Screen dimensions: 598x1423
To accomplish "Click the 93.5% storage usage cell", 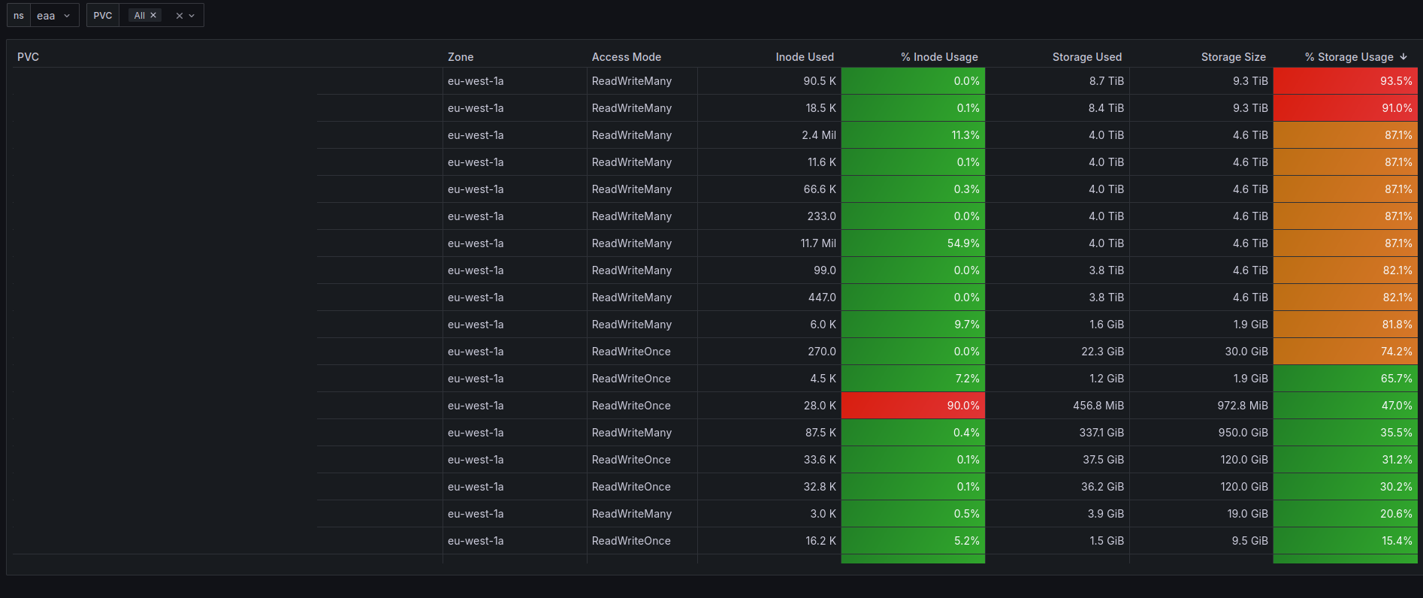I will click(x=1345, y=81).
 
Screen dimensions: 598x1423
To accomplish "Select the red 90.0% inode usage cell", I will click(x=913, y=406).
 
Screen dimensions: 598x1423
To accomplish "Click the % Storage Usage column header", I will click(x=1349, y=57).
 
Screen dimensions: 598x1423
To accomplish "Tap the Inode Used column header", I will click(x=804, y=57).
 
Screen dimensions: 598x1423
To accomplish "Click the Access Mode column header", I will click(x=626, y=57).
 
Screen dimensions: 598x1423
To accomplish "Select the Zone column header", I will click(x=461, y=57).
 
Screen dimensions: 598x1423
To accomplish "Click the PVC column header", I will click(x=29, y=57).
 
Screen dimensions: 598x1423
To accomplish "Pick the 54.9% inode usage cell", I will click(x=913, y=243).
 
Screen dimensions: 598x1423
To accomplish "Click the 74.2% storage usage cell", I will click(x=1345, y=352).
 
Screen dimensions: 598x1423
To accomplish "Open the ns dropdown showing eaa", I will click(x=53, y=16).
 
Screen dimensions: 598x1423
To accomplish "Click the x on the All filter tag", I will click(x=153, y=15).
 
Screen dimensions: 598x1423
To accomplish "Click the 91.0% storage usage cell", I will click(x=1345, y=108).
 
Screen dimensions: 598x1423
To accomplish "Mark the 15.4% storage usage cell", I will click(x=1345, y=541).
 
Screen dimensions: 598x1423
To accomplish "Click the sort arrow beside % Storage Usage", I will click(x=1403, y=57).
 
